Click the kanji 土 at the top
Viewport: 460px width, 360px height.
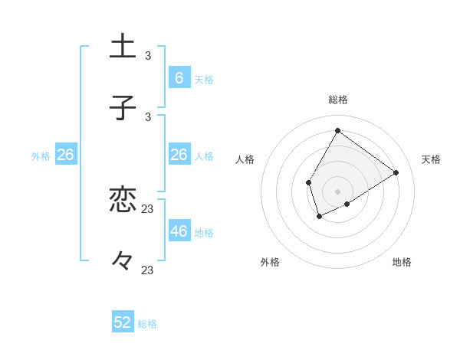coord(123,46)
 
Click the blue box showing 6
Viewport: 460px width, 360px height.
coord(179,77)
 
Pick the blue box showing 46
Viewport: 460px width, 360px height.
coord(179,231)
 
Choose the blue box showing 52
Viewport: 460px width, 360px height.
coord(123,322)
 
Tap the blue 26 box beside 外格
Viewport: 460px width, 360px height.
coord(65,155)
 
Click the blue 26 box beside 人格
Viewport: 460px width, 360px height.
coord(179,155)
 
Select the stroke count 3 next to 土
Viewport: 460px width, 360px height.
coord(148,56)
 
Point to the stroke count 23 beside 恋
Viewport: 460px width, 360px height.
coord(148,209)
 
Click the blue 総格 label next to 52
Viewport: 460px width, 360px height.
coord(148,324)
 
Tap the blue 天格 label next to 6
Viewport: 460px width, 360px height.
coord(204,79)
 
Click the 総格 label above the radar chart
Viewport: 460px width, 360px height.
coord(337,100)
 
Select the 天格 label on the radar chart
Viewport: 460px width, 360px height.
coord(431,159)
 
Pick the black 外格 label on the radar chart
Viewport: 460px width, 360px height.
coord(270,262)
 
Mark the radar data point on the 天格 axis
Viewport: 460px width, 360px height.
coord(396,172)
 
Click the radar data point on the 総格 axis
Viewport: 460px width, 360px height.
coord(337,131)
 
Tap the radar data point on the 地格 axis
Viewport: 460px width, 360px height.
coord(347,204)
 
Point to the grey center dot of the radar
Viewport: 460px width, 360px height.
coord(337,191)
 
